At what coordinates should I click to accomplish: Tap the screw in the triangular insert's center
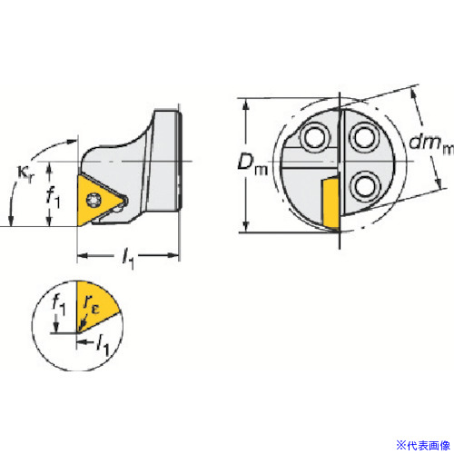click(93, 200)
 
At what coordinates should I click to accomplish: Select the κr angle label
click(25, 175)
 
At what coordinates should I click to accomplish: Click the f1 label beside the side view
click(54, 198)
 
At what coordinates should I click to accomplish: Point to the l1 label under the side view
click(128, 259)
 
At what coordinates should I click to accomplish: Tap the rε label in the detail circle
click(92, 304)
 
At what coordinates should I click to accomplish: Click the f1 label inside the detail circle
click(59, 304)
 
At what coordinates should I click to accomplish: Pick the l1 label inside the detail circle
click(103, 345)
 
